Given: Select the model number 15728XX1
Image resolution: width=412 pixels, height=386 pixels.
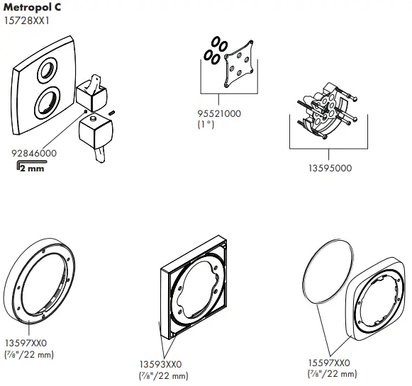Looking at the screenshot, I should coord(26,21).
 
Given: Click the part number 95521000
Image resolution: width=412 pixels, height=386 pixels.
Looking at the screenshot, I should coord(220,113).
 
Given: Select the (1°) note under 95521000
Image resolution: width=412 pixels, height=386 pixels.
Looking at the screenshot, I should coord(205,125).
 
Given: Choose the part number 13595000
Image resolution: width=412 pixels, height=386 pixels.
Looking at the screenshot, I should coord(328,168).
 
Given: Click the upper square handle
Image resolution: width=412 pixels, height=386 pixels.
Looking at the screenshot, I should coord(91,90).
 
